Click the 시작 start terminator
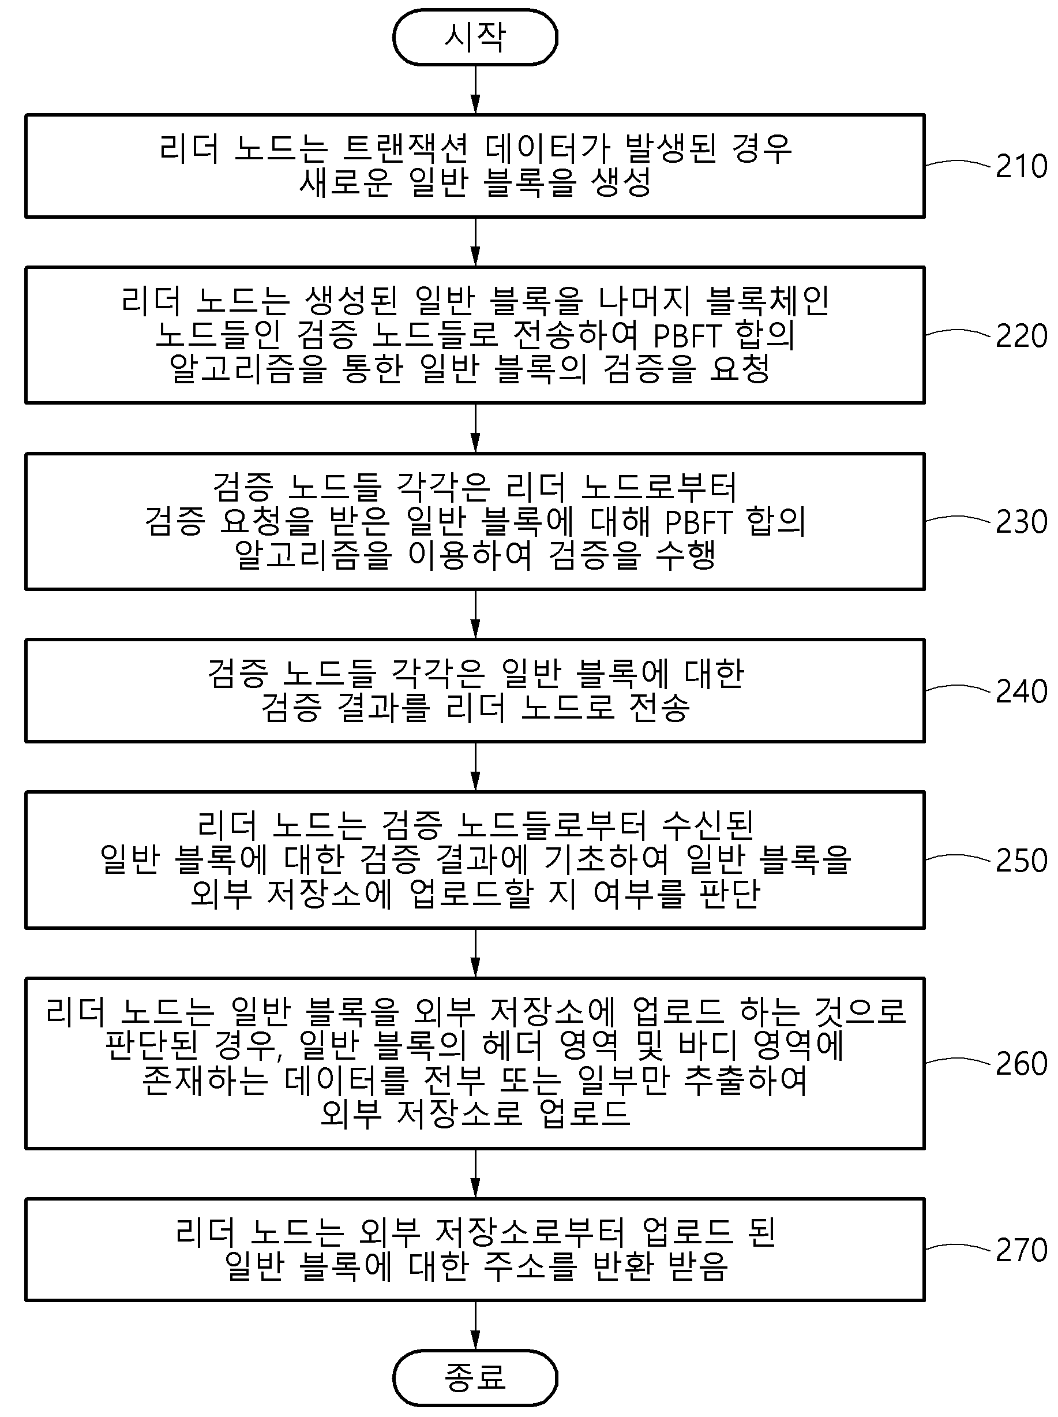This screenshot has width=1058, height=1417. pos(475,37)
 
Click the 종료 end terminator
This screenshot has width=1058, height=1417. pos(475,1378)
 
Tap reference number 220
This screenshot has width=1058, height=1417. pos(1022,336)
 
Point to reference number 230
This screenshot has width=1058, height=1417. pos(1022,521)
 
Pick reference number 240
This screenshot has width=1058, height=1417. pos(1022,691)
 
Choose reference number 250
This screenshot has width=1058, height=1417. pos(1022,861)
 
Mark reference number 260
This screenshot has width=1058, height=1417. pos(1022,1064)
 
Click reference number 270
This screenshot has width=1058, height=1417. pos(1022,1250)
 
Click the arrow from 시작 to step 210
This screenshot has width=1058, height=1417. pos(475,89)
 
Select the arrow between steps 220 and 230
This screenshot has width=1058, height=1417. pos(475,428)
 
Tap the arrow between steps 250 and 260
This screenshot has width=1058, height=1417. pos(475,953)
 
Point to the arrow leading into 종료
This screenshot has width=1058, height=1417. pos(475,1325)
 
